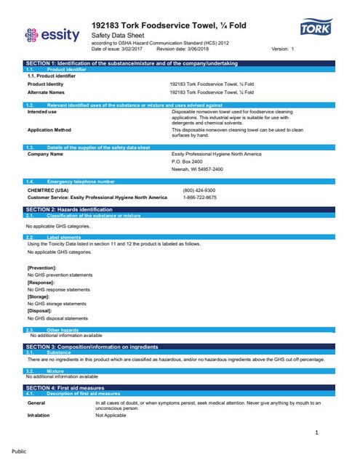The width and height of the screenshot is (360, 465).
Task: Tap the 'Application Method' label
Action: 49,129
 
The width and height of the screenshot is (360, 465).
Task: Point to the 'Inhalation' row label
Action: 39,415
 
